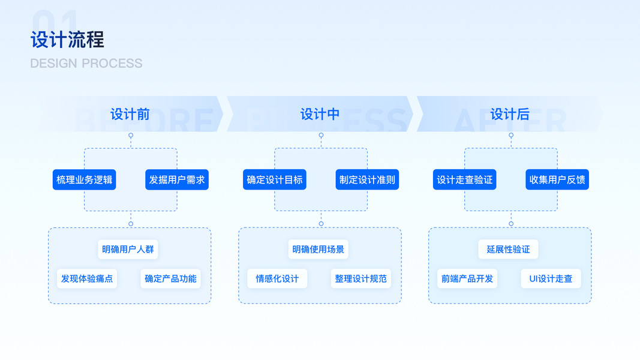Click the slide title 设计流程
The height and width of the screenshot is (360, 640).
(x=67, y=40)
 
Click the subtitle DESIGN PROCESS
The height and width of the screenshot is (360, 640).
(x=86, y=64)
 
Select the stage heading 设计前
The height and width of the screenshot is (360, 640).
(x=130, y=114)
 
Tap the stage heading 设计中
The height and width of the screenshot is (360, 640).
(x=320, y=114)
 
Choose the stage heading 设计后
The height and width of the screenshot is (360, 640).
(x=510, y=114)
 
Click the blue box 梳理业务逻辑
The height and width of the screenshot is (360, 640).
(x=84, y=179)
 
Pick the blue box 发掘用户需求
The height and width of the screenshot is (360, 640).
(x=177, y=179)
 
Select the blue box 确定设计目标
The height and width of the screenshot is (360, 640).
(x=275, y=179)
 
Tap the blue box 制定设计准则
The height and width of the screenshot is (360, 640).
(x=367, y=179)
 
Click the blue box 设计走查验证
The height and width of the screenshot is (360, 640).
(x=465, y=179)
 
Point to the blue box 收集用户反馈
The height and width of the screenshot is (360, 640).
(x=557, y=179)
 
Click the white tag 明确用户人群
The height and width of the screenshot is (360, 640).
(x=128, y=250)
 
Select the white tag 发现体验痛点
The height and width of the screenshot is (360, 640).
(x=87, y=278)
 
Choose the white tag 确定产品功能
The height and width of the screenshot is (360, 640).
(x=170, y=278)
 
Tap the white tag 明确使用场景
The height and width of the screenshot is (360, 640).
(x=319, y=250)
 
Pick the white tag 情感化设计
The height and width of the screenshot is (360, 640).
(x=277, y=278)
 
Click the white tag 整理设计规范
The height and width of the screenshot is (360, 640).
(x=360, y=278)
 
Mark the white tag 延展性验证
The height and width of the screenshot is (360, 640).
(x=509, y=250)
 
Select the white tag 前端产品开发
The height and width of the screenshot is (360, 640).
(x=467, y=278)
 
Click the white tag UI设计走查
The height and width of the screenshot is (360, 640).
(x=551, y=278)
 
